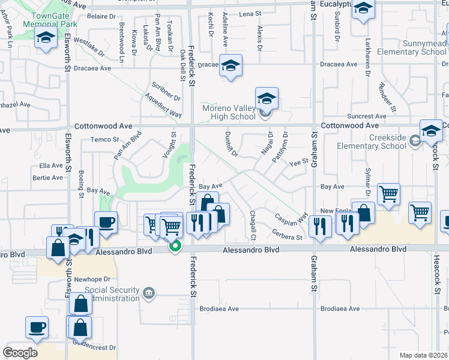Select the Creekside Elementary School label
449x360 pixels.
(388, 142)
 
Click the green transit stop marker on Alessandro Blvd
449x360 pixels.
(175, 245)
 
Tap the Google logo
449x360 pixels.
(20, 353)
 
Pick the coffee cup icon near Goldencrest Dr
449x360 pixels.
(37, 327)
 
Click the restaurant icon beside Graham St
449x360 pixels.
(320, 226)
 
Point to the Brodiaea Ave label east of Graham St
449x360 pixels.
(340, 309)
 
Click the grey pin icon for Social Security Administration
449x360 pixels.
(149, 293)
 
